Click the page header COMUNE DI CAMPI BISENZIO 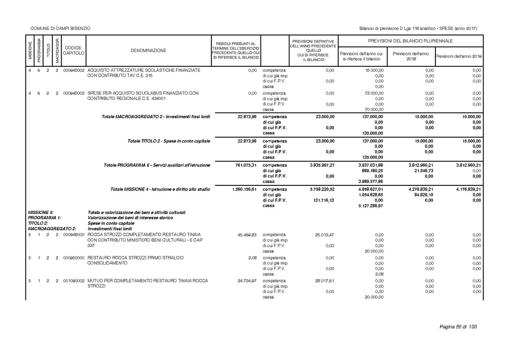pos(60,28)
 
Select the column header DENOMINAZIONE pos(148,51)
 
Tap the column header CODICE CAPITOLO pos(74,51)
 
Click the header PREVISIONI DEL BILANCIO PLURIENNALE pos(410,41)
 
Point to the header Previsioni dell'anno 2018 pos(410,56)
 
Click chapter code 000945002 pos(74,70)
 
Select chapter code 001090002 pos(74,281)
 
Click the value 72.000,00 pos(374,93)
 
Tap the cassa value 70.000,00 pos(374,109)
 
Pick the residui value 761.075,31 pos(246,165)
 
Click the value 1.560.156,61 pos(245,189)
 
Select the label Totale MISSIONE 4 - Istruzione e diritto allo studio pos(160,189)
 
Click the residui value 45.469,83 pos(247,235)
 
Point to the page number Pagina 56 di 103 pos(458,327)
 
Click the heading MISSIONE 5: pos(41,212)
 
